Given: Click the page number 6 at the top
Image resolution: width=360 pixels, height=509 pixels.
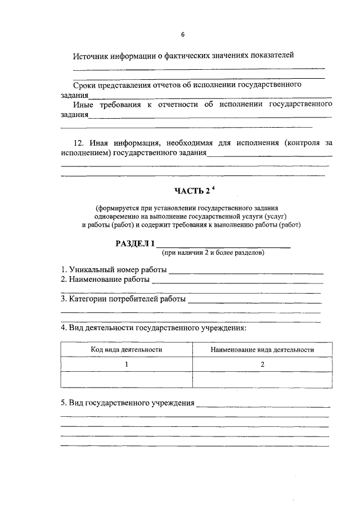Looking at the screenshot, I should pyautogui.click(x=183, y=35).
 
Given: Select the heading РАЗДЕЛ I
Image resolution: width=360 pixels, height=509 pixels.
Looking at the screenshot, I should pyautogui.click(x=134, y=243).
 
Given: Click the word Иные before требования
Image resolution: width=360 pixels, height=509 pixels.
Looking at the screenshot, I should pyautogui.click(x=85, y=104).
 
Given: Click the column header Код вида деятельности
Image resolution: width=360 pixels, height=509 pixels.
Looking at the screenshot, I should pyautogui.click(x=127, y=349).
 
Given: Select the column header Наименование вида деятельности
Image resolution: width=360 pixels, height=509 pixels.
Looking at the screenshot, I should pyautogui.click(x=262, y=349).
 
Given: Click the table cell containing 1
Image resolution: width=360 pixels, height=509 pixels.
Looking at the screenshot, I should pyautogui.click(x=127, y=364).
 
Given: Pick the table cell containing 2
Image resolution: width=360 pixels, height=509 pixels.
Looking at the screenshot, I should pyautogui.click(x=262, y=364).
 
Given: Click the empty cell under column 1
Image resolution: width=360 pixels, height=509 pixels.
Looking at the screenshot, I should pyautogui.click(x=127, y=380).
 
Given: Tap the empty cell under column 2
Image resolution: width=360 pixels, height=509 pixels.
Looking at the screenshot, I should pyautogui.click(x=262, y=380).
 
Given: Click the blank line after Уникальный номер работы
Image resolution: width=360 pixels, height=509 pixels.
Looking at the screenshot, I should pyautogui.click(x=246, y=272).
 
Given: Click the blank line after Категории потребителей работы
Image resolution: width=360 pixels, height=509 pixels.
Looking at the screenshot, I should pyautogui.click(x=254, y=302).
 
